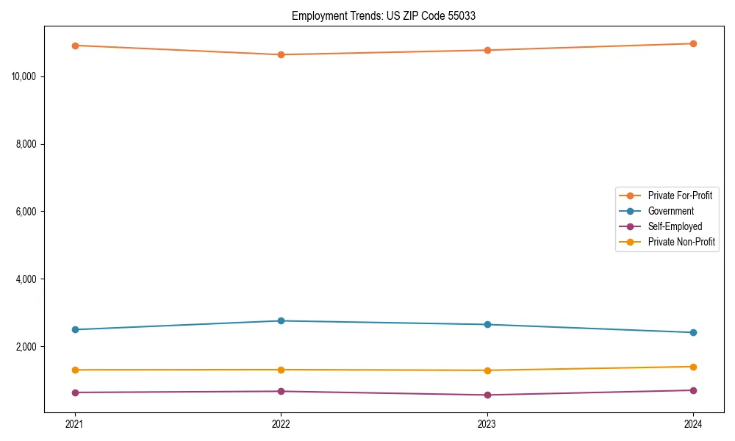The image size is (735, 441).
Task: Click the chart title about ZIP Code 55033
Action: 384,15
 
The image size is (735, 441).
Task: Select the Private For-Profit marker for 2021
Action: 75,46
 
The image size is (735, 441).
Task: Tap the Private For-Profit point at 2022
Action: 281,54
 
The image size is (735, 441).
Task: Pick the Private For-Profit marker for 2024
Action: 693,43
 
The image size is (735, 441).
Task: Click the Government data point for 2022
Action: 281,320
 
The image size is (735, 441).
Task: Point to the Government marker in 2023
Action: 487,324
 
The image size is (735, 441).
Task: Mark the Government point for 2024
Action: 693,332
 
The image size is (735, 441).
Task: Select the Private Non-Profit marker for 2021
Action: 75,370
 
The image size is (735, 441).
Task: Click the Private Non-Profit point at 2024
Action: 693,367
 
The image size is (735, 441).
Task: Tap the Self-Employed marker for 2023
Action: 487,395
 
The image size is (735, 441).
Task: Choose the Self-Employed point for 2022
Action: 281,391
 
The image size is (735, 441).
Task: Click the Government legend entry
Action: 670,211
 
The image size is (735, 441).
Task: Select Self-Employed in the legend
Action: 675,226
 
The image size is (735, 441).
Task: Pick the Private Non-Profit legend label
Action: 681,242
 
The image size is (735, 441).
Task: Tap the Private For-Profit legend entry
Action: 680,196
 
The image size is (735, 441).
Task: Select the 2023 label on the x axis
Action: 487,423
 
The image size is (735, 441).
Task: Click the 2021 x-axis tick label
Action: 75,423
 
